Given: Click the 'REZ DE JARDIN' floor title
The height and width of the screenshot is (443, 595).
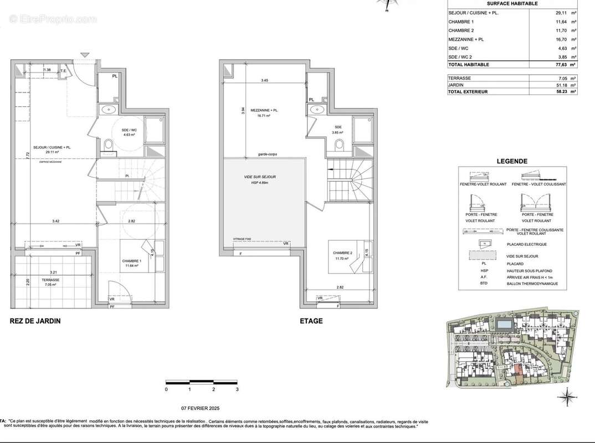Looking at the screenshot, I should pos(35,321).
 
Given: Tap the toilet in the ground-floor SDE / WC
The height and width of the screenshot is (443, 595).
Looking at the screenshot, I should pos(109,145).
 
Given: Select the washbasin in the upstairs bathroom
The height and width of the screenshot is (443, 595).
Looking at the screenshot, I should pos(317,109).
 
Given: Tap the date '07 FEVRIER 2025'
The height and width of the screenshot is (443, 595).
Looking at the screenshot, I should pos(201,408).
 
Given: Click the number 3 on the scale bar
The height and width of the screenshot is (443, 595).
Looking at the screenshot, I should pos(237,390).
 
